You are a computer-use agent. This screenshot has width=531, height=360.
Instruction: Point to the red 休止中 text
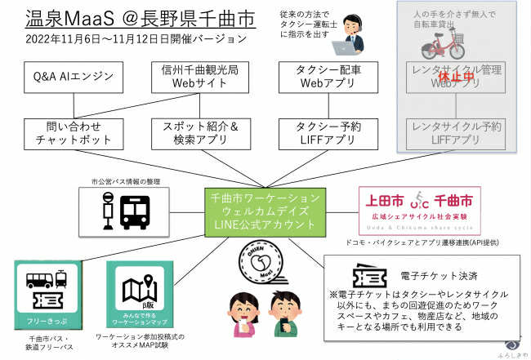[457, 77]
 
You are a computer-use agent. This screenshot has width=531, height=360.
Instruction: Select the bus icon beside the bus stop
[136, 211]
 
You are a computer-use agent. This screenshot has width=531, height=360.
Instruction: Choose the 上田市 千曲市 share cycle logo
[419, 210]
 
